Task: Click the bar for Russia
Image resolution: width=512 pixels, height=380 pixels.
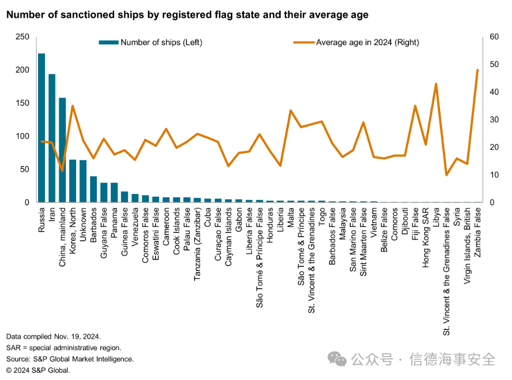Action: click(41, 128)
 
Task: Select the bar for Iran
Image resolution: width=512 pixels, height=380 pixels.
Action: click(52, 138)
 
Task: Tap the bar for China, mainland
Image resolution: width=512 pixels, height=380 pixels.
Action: click(62, 150)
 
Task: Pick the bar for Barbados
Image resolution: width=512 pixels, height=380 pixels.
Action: click(93, 189)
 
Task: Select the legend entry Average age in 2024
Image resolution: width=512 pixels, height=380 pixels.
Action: click(367, 42)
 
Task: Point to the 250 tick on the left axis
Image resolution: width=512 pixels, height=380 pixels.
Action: click(22, 37)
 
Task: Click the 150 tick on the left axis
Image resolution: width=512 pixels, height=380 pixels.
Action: click(22, 103)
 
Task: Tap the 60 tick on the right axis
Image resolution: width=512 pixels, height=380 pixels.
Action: click(494, 37)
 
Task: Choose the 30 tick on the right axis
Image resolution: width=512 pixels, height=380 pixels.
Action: click(494, 120)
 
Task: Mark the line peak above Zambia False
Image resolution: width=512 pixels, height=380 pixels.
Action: click(477, 70)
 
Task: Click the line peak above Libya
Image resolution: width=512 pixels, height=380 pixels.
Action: click(436, 84)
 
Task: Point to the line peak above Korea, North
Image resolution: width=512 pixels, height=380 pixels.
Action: click(73, 106)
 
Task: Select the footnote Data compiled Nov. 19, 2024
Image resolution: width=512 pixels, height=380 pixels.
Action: click(54, 336)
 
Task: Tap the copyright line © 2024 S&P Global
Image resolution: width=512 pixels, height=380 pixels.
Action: click(38, 370)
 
